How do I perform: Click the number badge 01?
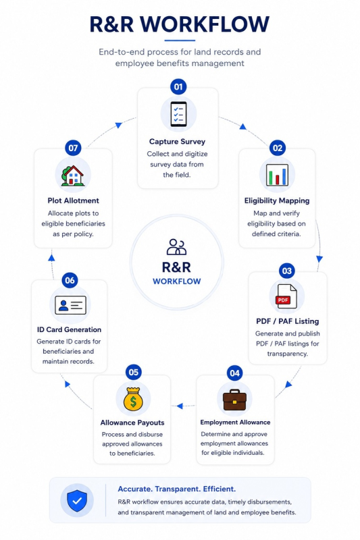[178, 87]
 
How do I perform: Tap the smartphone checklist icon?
[178, 114]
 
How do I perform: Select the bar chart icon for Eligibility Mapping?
[278, 175]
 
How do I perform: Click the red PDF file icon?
[286, 296]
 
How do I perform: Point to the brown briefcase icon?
[234, 400]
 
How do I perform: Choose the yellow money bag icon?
[133, 399]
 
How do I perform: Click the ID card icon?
[70, 305]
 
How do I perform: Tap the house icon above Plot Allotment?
[73, 175]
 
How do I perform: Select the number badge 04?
[234, 373]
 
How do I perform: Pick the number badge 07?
[73, 148]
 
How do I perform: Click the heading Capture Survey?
[177, 142]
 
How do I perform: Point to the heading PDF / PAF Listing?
[287, 321]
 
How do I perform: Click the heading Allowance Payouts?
[132, 423]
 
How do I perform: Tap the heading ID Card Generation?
[70, 329]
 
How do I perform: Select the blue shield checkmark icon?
[77, 500]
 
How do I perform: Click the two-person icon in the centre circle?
[176, 247]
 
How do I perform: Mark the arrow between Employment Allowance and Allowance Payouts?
[184, 406]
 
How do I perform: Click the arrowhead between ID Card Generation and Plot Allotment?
[52, 257]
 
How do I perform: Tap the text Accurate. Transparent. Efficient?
[177, 489]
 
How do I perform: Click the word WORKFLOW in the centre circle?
[177, 281]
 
